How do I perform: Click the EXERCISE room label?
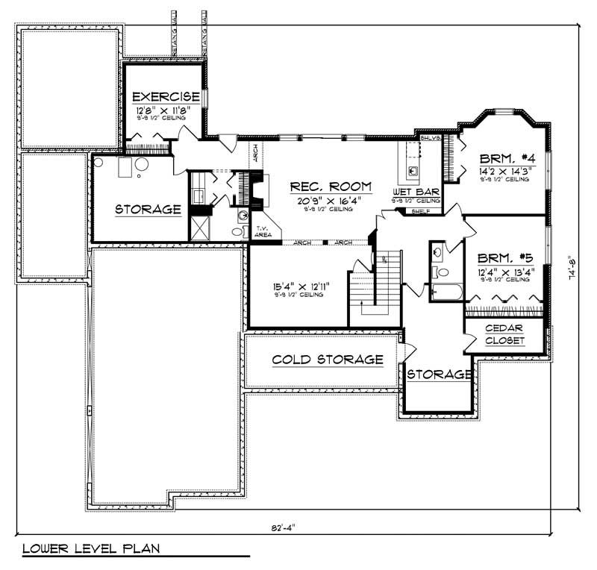(x=166, y=97)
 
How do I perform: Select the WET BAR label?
(x=415, y=192)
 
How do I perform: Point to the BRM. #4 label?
(x=504, y=158)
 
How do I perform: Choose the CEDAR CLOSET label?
(x=504, y=334)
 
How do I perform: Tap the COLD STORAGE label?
(x=328, y=360)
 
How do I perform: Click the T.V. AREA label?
(x=263, y=232)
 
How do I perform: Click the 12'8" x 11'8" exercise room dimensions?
(x=158, y=110)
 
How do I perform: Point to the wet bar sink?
(x=413, y=171)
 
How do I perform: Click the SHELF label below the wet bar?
(x=421, y=212)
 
